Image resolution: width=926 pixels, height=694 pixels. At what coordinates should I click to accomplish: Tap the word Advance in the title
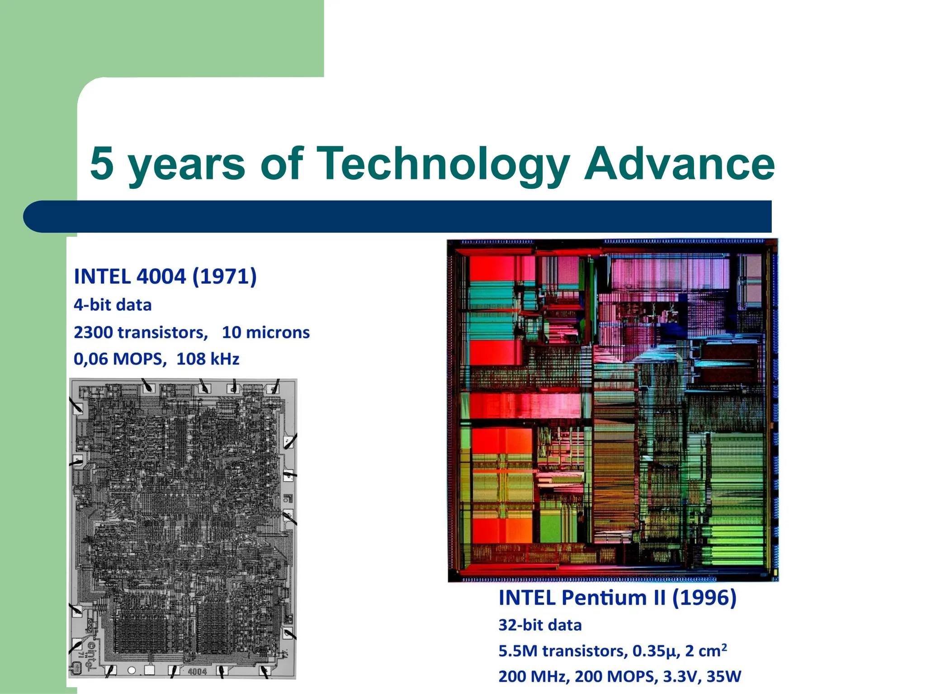point(679,164)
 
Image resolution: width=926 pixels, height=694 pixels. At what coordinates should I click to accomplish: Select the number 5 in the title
point(101,164)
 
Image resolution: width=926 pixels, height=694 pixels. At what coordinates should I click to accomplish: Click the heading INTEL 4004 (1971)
point(165,277)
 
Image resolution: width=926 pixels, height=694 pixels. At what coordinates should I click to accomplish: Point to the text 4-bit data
point(113,305)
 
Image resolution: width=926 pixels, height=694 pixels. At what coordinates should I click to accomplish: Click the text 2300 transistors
point(140,333)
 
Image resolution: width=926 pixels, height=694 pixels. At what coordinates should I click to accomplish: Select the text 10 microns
point(265,333)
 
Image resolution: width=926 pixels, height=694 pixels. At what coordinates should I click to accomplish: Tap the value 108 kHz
point(208,359)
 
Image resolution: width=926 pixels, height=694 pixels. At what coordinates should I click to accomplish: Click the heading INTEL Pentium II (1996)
point(617,598)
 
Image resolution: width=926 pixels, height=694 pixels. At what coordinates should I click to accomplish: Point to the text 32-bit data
point(540,625)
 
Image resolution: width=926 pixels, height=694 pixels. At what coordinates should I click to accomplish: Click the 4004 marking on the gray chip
point(197,672)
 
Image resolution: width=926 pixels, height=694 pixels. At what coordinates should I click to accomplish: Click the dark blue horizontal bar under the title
point(398,216)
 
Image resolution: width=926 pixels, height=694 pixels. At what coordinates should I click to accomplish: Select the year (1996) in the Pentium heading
point(704,598)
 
